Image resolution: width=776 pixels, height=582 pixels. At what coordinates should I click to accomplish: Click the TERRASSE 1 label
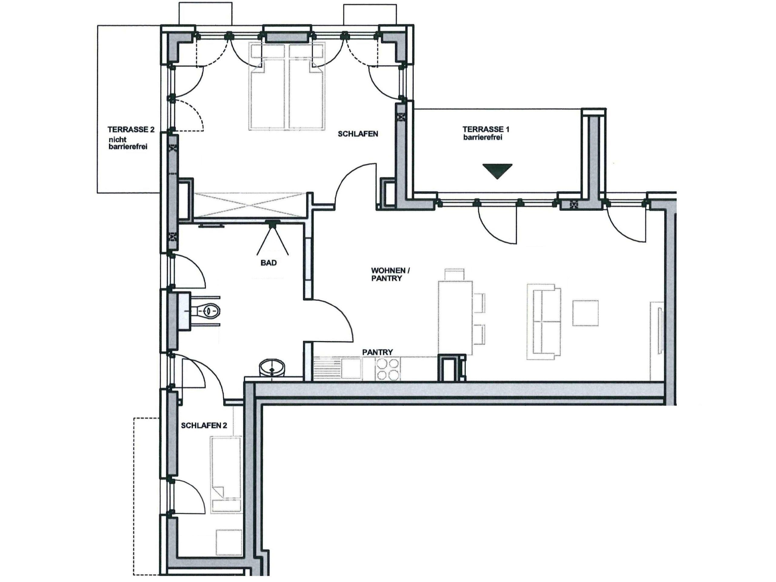click(x=486, y=129)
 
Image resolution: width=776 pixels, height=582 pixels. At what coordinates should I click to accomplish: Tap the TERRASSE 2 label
click(x=131, y=129)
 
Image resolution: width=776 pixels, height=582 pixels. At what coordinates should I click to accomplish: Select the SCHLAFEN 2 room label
click(x=204, y=426)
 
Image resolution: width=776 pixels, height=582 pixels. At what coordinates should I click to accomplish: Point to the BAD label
click(x=269, y=263)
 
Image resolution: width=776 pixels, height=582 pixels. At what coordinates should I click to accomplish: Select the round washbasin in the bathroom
click(x=272, y=368)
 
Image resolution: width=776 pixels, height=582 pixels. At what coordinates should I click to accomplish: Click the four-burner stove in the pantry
click(x=388, y=369)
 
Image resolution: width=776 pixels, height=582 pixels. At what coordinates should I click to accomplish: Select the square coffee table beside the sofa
click(x=586, y=313)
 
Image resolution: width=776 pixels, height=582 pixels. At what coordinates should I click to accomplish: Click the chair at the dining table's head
click(x=455, y=274)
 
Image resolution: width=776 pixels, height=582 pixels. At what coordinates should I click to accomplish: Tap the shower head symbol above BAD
click(x=273, y=237)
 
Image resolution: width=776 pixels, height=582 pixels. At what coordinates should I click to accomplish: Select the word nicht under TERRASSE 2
click(x=118, y=139)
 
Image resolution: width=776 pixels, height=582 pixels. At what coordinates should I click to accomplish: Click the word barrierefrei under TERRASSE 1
click(x=482, y=137)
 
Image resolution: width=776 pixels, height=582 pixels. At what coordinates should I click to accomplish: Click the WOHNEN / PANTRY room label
click(x=390, y=274)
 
